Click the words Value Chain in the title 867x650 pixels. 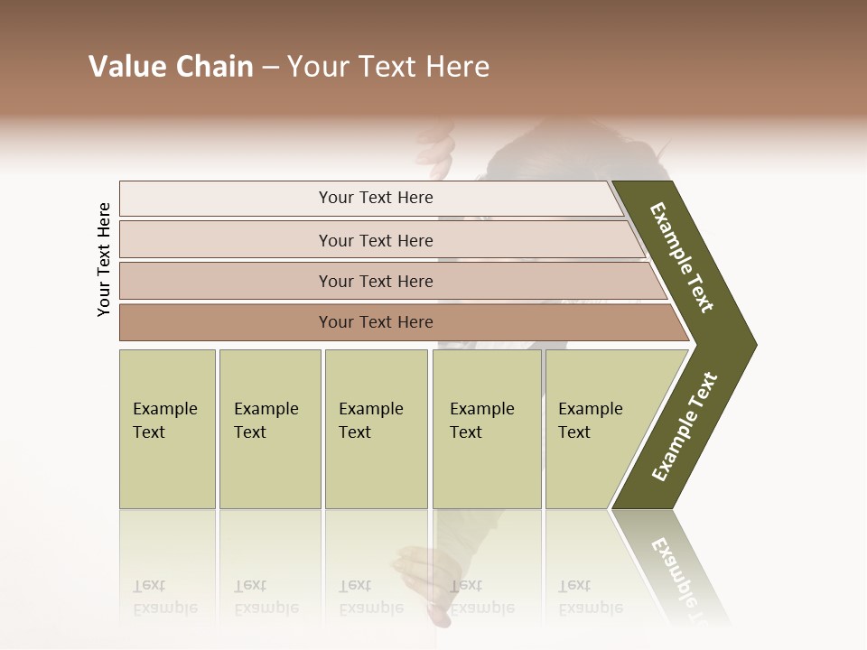[x=171, y=67]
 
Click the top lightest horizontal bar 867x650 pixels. [x=226, y=199]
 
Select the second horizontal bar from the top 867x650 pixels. [x=226, y=240]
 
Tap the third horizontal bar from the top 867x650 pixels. [x=226, y=281]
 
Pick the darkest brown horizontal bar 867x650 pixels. [x=226, y=322]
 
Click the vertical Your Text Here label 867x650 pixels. [x=104, y=259]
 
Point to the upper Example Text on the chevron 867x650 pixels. [x=682, y=257]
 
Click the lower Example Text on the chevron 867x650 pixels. [x=685, y=426]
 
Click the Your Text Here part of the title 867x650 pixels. [x=388, y=67]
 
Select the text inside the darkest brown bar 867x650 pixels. [x=376, y=322]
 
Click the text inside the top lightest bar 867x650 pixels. [x=376, y=198]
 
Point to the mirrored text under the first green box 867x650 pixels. [x=164, y=597]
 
